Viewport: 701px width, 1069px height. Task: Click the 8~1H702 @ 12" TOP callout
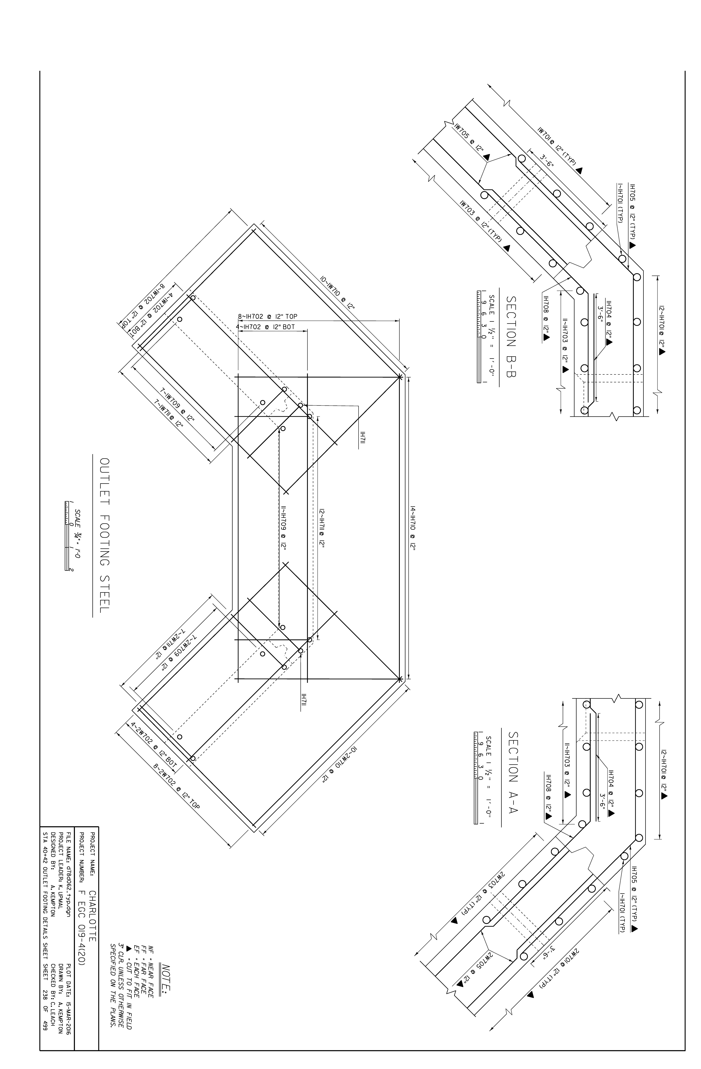[267, 316]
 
